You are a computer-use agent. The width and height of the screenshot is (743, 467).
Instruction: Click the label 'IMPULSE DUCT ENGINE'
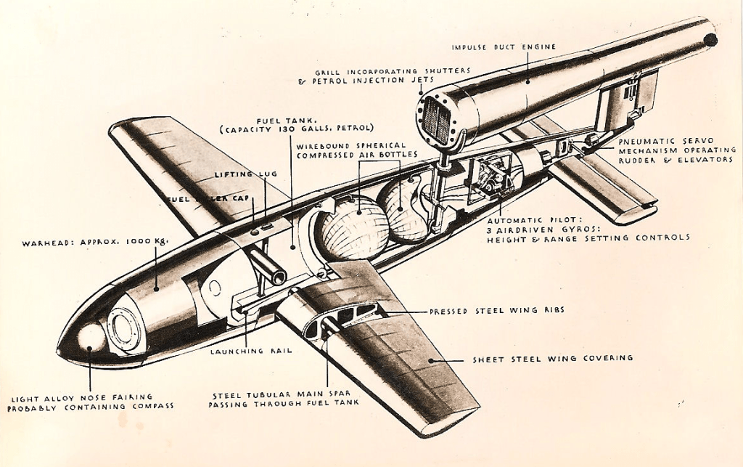pyautogui.click(x=504, y=47)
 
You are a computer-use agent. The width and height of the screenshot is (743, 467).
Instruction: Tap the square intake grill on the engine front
pyautogui.click(x=437, y=118)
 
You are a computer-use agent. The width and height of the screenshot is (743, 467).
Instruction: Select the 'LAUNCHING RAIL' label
pyautogui.click(x=251, y=351)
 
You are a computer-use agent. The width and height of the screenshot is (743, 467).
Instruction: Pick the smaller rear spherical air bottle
pyautogui.click(x=406, y=211)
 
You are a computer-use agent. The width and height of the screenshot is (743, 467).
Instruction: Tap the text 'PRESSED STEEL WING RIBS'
pyautogui.click(x=496, y=311)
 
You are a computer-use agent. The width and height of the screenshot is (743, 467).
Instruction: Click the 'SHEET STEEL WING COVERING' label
pyautogui.click(x=552, y=358)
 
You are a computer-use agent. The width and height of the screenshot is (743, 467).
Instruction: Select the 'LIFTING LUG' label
pyautogui.click(x=243, y=174)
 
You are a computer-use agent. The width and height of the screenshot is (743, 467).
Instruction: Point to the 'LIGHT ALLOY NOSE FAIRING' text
pyautogui.click(x=82, y=397)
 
